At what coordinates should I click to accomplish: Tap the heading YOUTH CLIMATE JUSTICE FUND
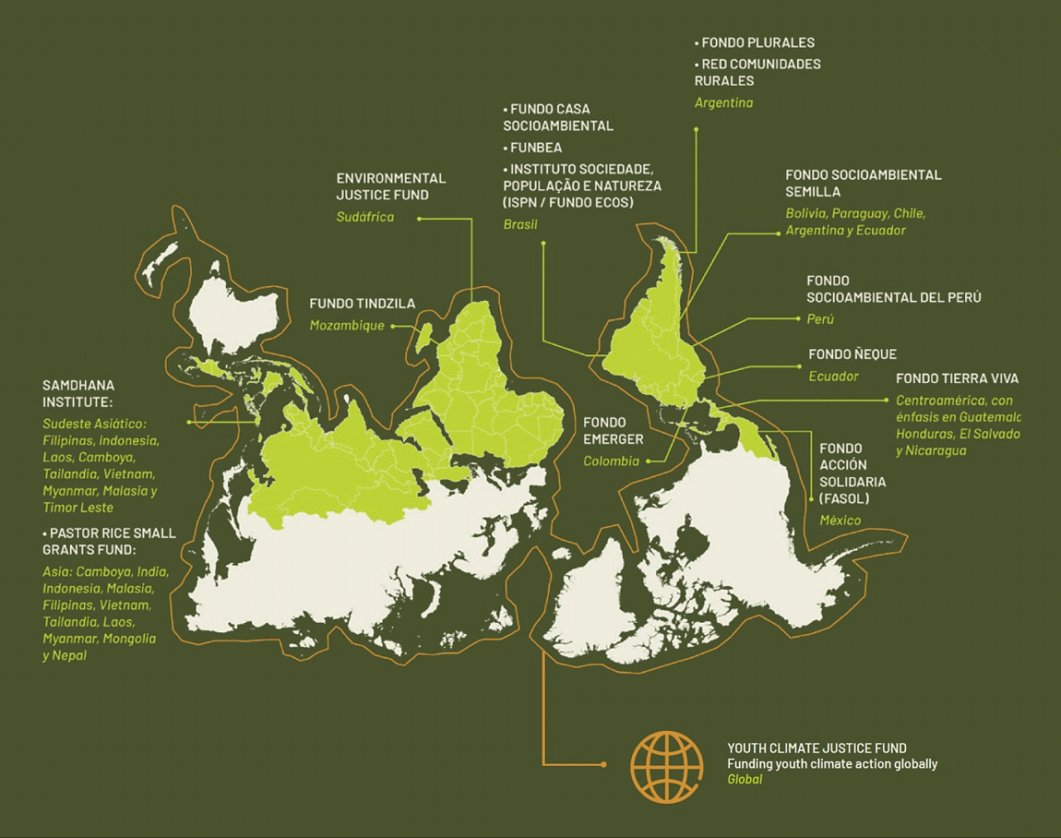click(817, 748)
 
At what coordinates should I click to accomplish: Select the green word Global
click(745, 780)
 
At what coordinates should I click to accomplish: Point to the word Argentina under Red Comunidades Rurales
click(723, 102)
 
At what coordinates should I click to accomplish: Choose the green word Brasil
click(520, 224)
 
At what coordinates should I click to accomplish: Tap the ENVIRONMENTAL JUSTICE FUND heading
click(390, 186)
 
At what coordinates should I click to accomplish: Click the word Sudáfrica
click(364, 217)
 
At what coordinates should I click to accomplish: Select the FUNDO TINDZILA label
click(362, 304)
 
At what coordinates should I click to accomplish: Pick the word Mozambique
click(347, 326)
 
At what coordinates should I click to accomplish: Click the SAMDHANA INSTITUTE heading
click(78, 393)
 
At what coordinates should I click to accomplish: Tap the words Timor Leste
click(77, 508)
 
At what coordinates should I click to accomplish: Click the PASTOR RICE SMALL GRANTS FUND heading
click(109, 542)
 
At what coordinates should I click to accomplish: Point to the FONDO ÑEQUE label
click(852, 354)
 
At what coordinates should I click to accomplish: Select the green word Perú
click(819, 319)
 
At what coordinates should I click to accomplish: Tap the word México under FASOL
click(840, 521)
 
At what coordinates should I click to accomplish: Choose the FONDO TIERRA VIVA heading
click(957, 378)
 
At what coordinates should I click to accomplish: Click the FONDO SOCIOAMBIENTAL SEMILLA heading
click(863, 183)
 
